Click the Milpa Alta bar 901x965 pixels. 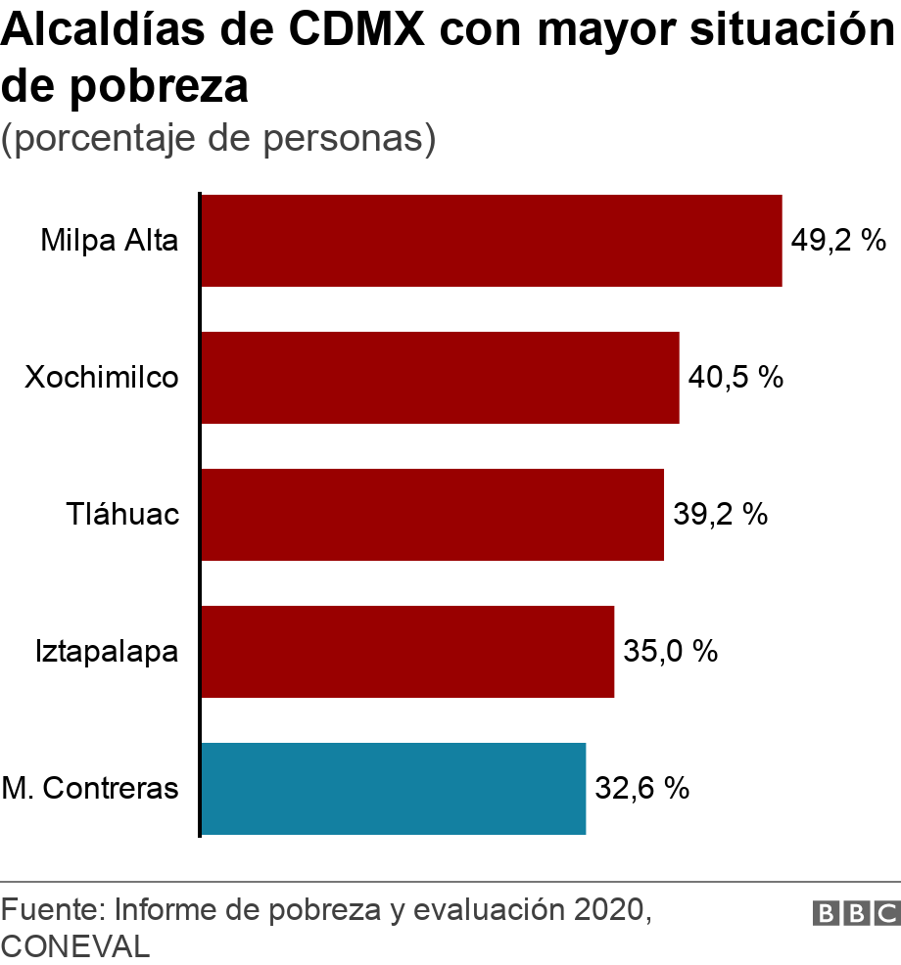coord(491,241)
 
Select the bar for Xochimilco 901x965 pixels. coord(440,378)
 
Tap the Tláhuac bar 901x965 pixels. coord(432,515)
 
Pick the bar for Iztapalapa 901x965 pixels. coord(407,652)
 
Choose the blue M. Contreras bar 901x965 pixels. coord(393,789)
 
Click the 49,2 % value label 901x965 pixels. coord(838,241)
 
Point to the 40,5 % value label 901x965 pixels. coord(735,378)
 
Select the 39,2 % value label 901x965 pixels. coord(720,515)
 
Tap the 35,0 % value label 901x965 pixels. coord(671,652)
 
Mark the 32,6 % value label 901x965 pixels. coord(642,789)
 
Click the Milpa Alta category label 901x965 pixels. coord(110,241)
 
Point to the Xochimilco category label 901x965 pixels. coord(102,378)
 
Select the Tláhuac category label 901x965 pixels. coord(123,515)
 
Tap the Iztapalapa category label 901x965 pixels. coord(107,652)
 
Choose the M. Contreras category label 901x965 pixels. coord(90,789)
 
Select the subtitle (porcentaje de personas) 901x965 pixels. coord(217,138)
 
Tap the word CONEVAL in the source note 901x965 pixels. coord(76,946)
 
